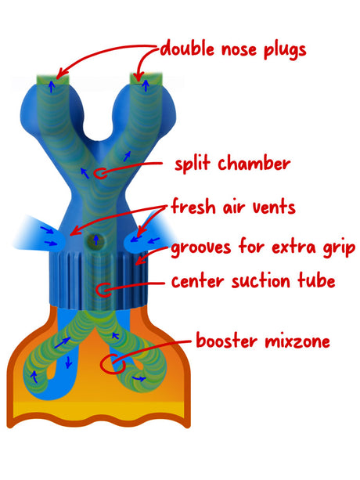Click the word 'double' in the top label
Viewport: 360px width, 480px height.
[187, 49]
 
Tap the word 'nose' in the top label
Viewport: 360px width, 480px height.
[239, 51]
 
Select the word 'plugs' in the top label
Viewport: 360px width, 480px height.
[284, 51]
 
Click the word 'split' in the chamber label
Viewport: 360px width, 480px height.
[193, 164]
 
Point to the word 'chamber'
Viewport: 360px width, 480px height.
[254, 163]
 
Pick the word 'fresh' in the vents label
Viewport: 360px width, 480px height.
[194, 206]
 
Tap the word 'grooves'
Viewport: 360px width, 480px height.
[201, 248]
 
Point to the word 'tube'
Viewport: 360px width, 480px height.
[316, 280]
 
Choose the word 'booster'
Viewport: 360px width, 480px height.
[226, 341]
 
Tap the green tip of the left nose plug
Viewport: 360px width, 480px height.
[52, 79]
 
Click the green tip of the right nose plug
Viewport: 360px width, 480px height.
[146, 78]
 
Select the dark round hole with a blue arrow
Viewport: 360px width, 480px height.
[95, 241]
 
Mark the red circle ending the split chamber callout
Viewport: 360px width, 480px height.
[99, 174]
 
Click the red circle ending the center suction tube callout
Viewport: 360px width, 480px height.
[104, 289]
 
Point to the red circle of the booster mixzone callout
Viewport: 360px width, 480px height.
[113, 364]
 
